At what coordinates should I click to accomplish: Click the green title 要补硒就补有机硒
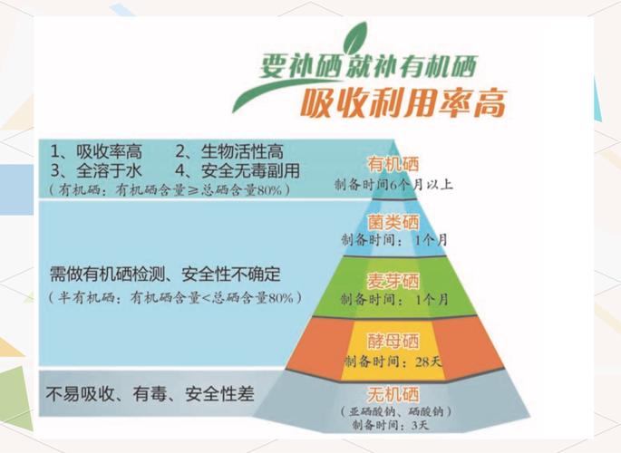[364, 65]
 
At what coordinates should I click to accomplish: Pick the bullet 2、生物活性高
[227, 151]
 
